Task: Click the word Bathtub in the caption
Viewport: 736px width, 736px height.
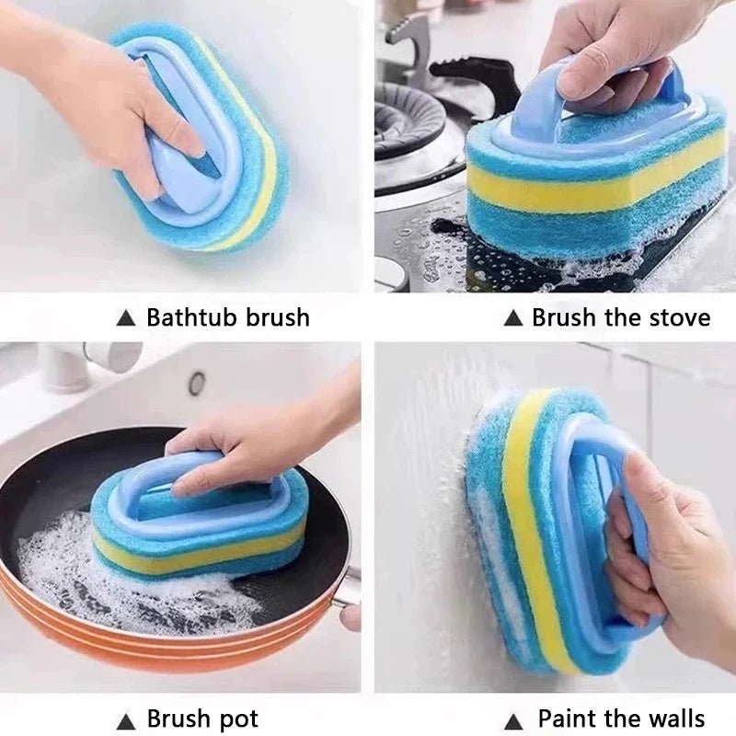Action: click(190, 318)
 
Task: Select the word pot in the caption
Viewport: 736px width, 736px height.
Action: click(237, 719)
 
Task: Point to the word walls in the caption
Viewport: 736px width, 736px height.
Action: click(673, 719)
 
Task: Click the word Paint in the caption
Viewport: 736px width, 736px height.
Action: click(568, 719)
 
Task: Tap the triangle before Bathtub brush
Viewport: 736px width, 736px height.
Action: click(126, 319)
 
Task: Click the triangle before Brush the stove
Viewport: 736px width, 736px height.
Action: click(512, 319)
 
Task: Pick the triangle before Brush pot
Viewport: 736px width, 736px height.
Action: click(126, 719)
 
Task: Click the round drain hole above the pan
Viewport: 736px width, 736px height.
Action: click(197, 383)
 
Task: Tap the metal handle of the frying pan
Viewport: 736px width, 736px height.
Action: click(347, 589)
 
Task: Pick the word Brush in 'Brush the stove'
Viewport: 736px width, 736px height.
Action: click(564, 318)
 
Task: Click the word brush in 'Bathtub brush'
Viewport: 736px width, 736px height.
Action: click(276, 318)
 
